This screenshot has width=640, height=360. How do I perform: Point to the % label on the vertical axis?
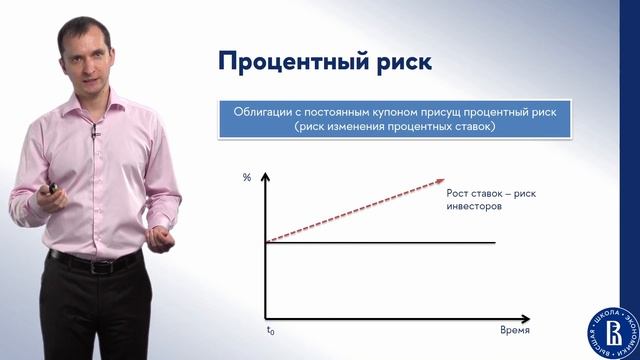[247, 178]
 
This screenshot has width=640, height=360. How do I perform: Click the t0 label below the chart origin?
[269, 329]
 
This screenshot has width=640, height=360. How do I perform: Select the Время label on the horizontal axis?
[514, 329]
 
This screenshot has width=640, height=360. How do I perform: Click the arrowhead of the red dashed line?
[440, 182]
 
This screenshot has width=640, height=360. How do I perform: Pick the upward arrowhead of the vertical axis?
[266, 177]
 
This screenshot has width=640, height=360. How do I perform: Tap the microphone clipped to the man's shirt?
[96, 130]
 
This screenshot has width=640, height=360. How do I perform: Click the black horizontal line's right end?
[495, 242]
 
